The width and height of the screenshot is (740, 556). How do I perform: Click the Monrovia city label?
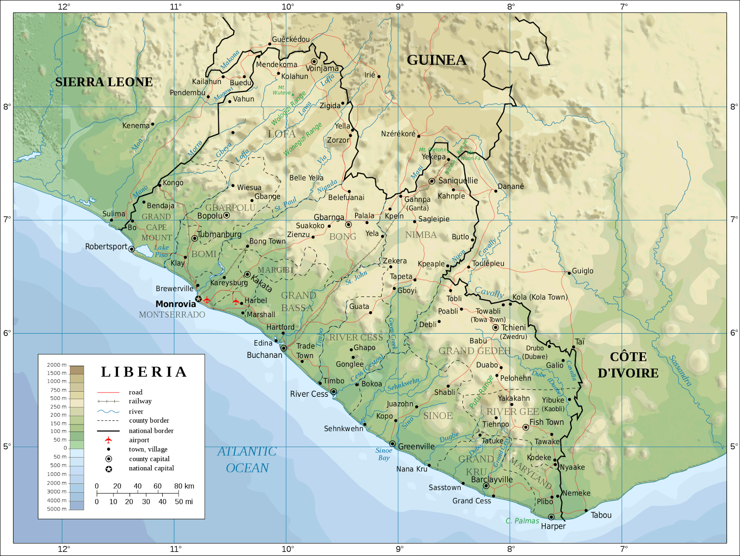(x=176, y=304)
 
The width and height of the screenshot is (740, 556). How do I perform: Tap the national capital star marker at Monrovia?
(x=198, y=299)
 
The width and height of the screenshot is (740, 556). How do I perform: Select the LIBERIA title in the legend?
(x=144, y=372)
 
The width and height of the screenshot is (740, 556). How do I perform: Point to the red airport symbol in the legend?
(x=108, y=440)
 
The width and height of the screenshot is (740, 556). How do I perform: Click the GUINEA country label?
(x=436, y=60)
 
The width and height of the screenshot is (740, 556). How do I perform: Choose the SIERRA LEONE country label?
(x=104, y=82)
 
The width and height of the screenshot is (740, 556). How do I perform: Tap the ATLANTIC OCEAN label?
(x=247, y=460)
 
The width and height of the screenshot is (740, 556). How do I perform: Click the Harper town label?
(x=553, y=526)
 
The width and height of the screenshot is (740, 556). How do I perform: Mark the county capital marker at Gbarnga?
(x=348, y=225)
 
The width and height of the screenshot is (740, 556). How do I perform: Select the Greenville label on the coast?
(x=416, y=447)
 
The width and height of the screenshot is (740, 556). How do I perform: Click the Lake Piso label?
(x=161, y=251)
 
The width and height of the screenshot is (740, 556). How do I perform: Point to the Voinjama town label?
(x=322, y=69)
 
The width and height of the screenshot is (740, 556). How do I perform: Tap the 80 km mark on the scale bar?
(x=184, y=486)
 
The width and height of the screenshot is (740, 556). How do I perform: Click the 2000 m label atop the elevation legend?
(x=56, y=365)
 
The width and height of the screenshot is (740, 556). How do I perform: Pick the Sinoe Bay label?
(x=384, y=454)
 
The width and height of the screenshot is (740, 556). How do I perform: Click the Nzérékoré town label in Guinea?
(x=398, y=134)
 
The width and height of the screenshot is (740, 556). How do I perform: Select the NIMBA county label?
(x=421, y=235)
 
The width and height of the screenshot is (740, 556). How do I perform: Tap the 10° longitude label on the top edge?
(x=288, y=6)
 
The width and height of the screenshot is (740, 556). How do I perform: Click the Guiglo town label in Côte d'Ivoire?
(x=582, y=271)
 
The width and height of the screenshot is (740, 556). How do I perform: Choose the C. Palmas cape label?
(x=522, y=521)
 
